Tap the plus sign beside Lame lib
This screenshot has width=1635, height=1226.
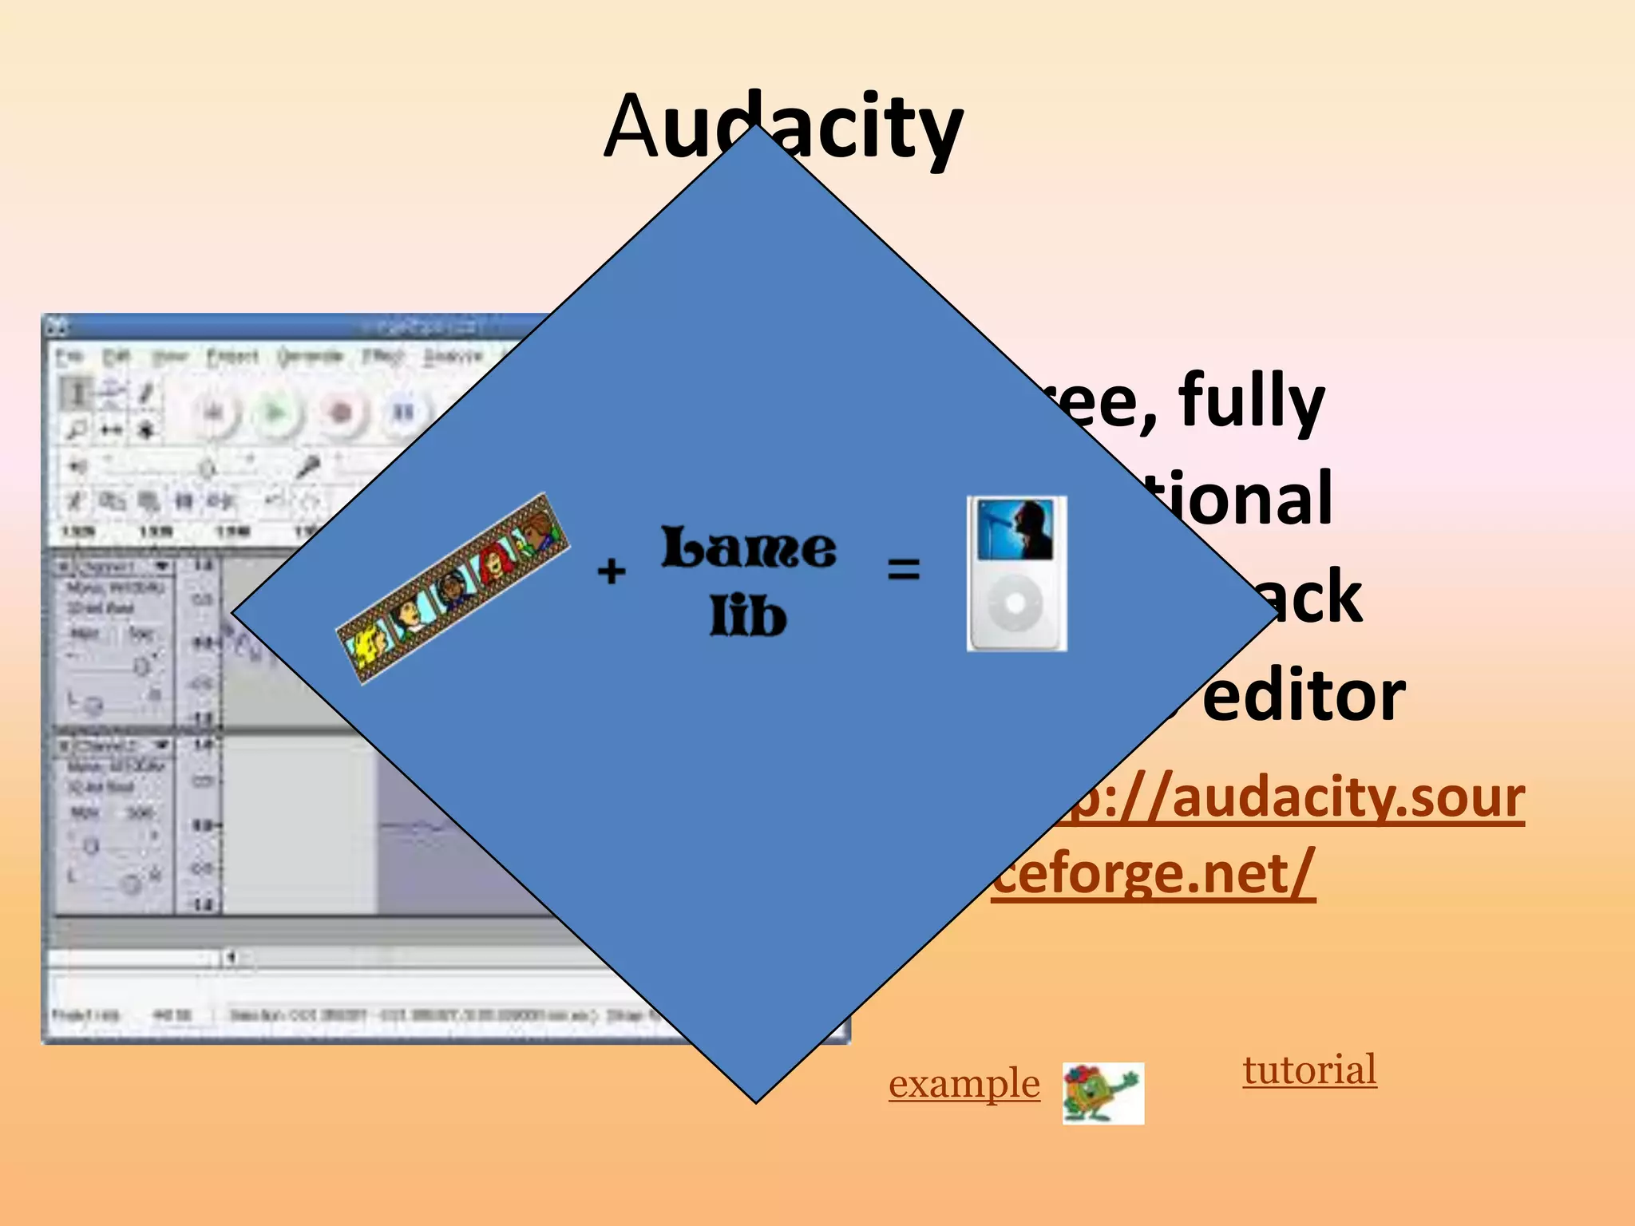(612, 571)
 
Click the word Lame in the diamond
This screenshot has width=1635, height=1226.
(749, 548)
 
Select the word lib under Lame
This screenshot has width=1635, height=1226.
(748, 617)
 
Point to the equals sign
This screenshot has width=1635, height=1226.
(904, 569)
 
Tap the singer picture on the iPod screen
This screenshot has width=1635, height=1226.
(1015, 529)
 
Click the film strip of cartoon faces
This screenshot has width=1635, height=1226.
(453, 588)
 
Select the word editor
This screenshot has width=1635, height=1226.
(1303, 696)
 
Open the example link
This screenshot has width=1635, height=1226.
(964, 1084)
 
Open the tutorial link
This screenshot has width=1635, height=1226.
(1309, 1070)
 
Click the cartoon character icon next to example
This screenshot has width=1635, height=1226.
(1103, 1093)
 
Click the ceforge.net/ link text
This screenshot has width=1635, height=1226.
(1153, 874)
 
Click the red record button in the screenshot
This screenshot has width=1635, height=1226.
(341, 413)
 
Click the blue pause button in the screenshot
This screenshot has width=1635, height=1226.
(403, 413)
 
